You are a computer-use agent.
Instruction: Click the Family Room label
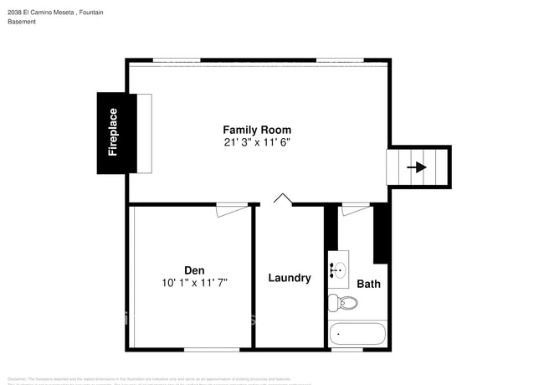[x=257, y=130]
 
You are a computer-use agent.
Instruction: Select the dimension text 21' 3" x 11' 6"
[x=257, y=142]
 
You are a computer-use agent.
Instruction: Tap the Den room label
[x=194, y=269]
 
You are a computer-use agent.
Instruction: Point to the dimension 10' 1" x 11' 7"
[x=194, y=283]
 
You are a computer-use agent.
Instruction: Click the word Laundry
[x=290, y=278]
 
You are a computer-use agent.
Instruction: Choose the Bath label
[x=368, y=284]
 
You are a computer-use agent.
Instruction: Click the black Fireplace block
[x=113, y=132]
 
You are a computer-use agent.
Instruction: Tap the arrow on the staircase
[x=416, y=167]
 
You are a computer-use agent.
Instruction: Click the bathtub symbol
[x=357, y=334]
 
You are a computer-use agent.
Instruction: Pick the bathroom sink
[x=338, y=269]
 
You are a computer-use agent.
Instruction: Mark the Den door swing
[x=232, y=209]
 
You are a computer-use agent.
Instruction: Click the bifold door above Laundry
[x=283, y=199]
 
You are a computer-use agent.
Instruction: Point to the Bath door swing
[x=355, y=208]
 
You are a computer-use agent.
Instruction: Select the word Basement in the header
[x=22, y=22]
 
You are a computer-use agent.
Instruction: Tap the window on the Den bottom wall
[x=205, y=349]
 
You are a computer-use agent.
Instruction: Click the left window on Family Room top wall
[x=176, y=60]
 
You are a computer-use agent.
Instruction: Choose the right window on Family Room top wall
[x=339, y=60]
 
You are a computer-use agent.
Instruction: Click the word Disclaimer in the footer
[x=18, y=378]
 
